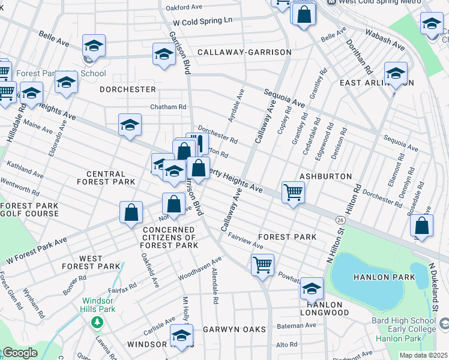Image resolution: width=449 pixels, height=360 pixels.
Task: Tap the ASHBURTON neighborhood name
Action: click(x=325, y=177)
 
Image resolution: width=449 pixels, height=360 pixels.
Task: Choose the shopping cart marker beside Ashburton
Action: click(x=293, y=193)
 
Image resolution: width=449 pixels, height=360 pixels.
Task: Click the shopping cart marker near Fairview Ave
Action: click(x=262, y=265)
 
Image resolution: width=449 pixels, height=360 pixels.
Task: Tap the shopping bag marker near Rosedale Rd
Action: click(x=422, y=226)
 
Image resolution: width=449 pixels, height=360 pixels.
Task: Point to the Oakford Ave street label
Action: click(x=184, y=8)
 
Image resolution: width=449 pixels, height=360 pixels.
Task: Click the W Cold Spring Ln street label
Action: click(x=202, y=21)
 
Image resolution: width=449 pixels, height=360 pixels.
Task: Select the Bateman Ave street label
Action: click(x=296, y=325)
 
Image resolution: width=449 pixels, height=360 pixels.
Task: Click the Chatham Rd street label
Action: click(x=168, y=107)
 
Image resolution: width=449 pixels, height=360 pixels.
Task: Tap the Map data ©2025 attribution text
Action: click(x=423, y=355)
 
